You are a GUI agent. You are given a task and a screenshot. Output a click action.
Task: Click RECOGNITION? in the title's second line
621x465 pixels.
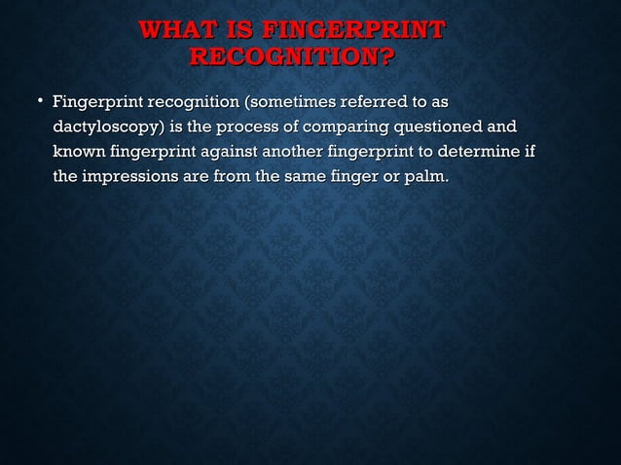click(291, 59)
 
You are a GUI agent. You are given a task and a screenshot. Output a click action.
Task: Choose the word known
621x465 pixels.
click(79, 153)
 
